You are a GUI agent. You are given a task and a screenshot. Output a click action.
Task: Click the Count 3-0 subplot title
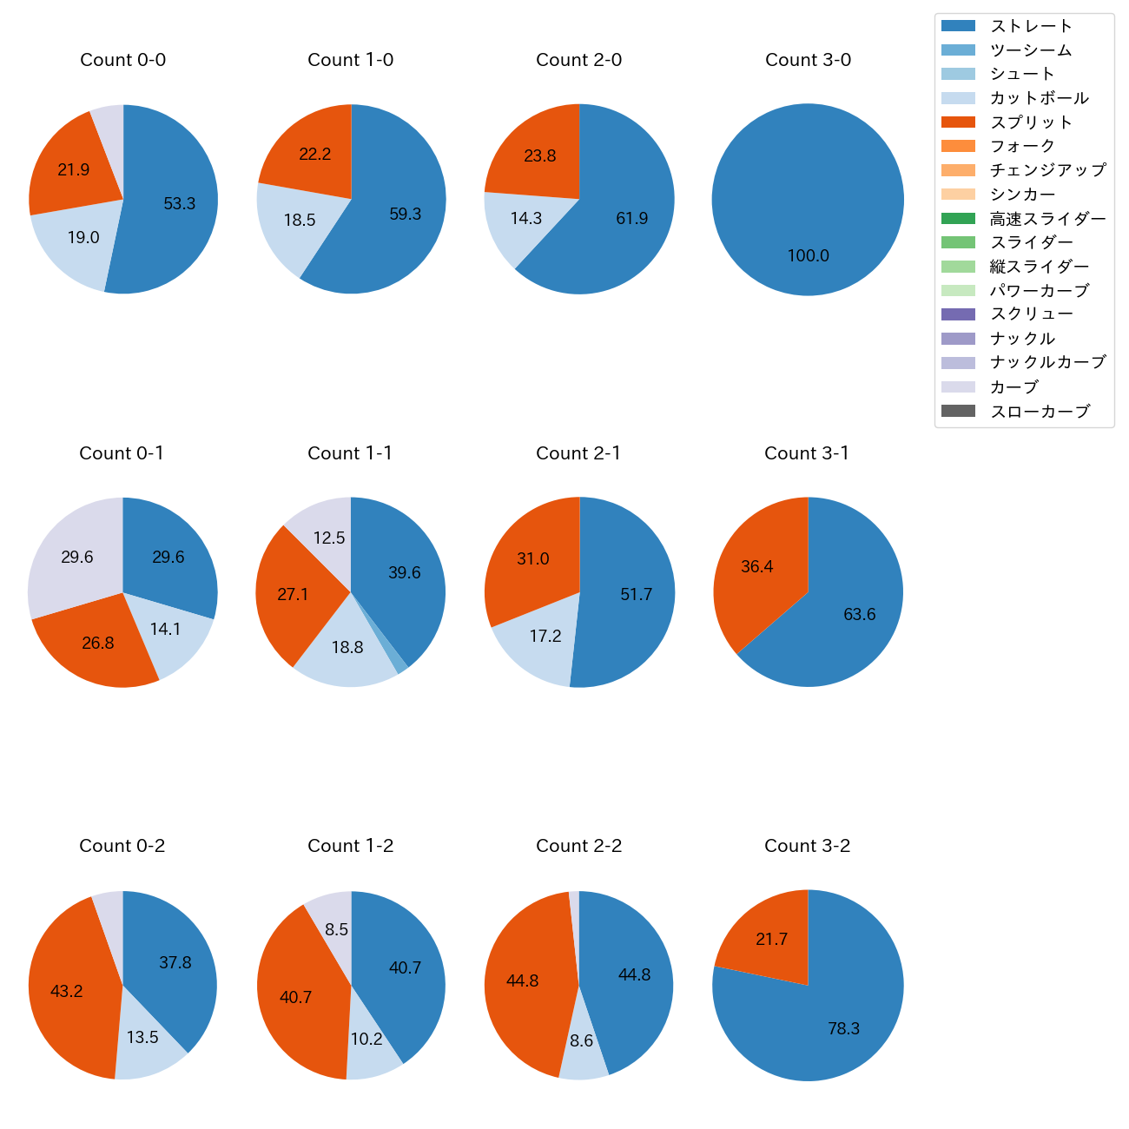(x=808, y=60)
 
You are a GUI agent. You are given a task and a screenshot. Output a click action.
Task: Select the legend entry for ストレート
(x=1031, y=26)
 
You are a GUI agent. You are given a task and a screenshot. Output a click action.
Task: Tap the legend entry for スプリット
(x=1031, y=122)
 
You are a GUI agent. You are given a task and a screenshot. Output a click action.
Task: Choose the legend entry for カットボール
(x=1039, y=98)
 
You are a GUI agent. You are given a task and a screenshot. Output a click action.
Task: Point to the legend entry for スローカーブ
(x=1040, y=412)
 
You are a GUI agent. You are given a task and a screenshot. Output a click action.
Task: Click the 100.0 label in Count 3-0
(x=808, y=256)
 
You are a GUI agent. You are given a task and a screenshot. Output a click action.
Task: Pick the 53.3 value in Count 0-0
(x=180, y=204)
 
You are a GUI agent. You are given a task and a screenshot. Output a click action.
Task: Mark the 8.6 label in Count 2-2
(x=581, y=1040)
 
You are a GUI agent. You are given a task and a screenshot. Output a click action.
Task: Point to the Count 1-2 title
(x=351, y=846)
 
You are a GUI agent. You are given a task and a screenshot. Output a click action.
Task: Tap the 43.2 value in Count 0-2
(x=67, y=991)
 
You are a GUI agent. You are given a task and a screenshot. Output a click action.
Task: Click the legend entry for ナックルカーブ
(x=1047, y=363)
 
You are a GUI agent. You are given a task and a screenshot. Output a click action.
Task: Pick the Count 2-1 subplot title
(x=578, y=453)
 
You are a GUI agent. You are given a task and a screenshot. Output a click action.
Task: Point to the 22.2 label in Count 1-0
(x=314, y=155)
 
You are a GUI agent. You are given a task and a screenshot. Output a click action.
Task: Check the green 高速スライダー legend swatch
(x=958, y=219)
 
